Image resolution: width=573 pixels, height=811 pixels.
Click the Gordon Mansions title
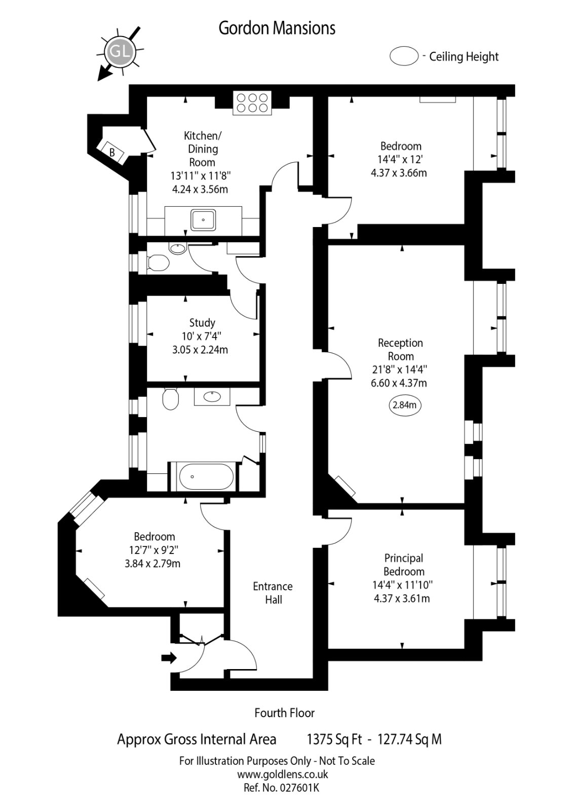[x=277, y=28]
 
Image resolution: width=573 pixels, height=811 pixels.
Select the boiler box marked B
[x=112, y=152]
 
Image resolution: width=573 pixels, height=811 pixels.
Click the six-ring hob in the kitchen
[x=252, y=102]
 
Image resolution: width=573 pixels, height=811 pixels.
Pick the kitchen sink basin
[x=203, y=220]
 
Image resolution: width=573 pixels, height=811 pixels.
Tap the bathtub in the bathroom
[x=206, y=476]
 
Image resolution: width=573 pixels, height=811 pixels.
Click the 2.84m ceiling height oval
[x=405, y=405]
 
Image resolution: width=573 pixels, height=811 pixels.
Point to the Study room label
[x=202, y=322]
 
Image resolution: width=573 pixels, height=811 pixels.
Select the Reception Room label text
[x=400, y=349]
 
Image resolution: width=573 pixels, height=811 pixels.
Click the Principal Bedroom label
[x=403, y=565]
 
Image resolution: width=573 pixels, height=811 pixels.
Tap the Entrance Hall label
[x=273, y=593]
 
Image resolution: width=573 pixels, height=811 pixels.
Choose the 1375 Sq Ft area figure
[x=334, y=740]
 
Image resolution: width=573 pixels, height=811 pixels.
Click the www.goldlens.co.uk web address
[x=283, y=775]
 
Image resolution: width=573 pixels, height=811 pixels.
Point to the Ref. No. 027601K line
[x=281, y=788]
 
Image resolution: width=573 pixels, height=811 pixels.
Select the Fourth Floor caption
[x=284, y=713]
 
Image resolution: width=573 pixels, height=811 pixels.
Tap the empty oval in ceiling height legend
[x=404, y=56]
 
